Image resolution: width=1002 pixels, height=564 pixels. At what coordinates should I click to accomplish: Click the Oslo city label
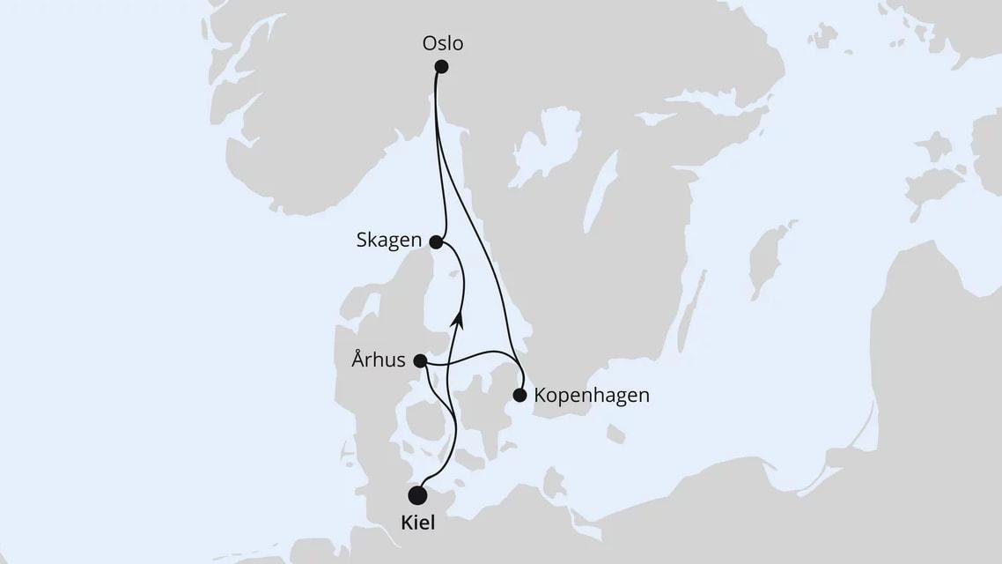coord(443,43)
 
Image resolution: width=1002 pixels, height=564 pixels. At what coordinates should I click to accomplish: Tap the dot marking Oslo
coord(441,67)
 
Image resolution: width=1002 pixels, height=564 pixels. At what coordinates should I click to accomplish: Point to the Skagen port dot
coord(435,241)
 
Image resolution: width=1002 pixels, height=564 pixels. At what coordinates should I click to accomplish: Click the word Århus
coord(379,360)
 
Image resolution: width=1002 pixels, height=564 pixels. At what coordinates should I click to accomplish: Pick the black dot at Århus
coord(420,360)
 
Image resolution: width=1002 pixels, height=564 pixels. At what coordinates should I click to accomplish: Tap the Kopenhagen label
coord(592,395)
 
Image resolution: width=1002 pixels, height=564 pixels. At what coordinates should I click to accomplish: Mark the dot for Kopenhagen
coord(519,395)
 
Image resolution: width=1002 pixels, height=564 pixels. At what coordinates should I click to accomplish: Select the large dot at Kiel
coord(417,495)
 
